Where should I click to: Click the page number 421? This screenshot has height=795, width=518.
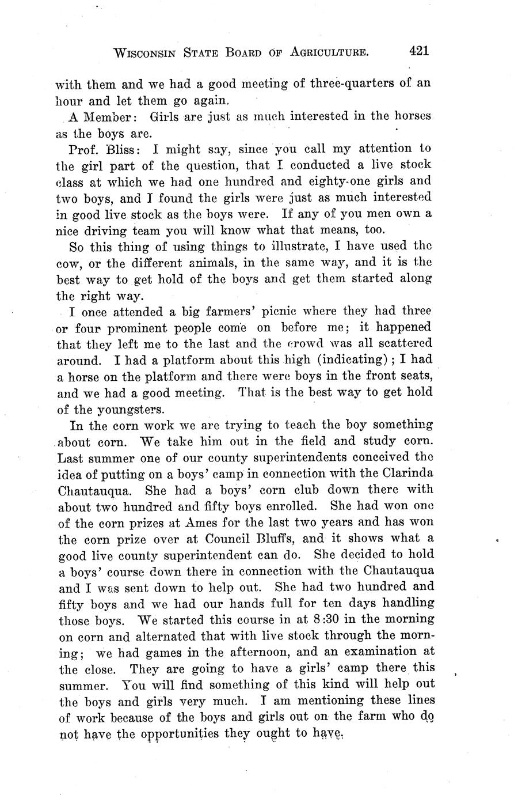click(419, 51)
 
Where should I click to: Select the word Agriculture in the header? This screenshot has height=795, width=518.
click(329, 53)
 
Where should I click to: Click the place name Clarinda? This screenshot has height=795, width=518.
click(406, 474)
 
